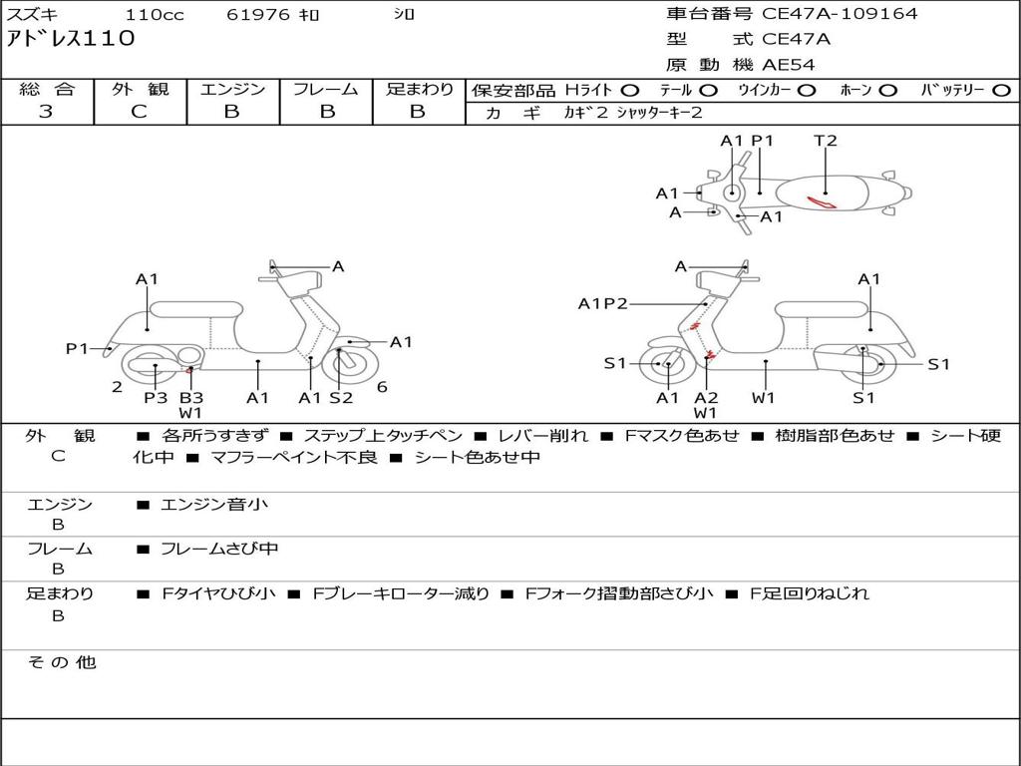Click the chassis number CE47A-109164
click(840, 14)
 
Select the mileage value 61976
click(259, 15)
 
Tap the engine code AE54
click(789, 65)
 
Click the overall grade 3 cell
click(46, 112)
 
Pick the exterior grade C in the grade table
click(139, 112)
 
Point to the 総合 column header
click(47, 89)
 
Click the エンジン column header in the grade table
click(232, 89)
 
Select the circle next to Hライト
click(630, 90)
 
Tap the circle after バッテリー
click(1002, 90)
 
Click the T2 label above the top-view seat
click(826, 141)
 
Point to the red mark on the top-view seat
click(823, 203)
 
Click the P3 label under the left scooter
click(155, 398)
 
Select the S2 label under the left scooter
click(341, 398)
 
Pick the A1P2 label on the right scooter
click(603, 304)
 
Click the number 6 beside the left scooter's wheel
click(382, 387)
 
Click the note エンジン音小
click(214, 505)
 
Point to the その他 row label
click(61, 662)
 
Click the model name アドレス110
click(71, 40)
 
